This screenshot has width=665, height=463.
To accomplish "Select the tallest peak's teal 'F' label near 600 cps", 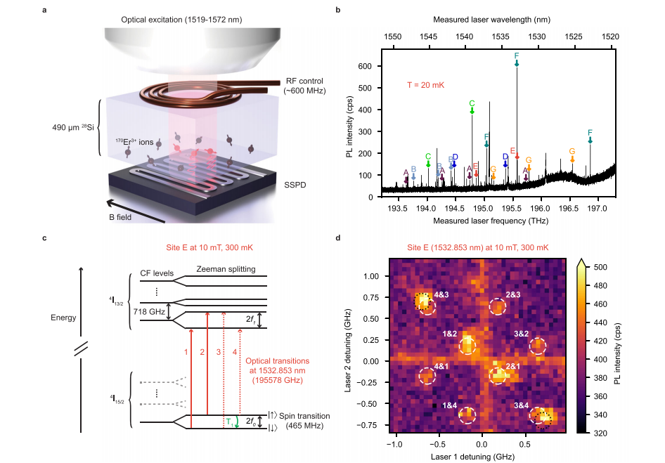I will [x=517, y=56].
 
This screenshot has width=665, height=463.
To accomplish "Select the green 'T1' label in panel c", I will [x=230, y=421].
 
